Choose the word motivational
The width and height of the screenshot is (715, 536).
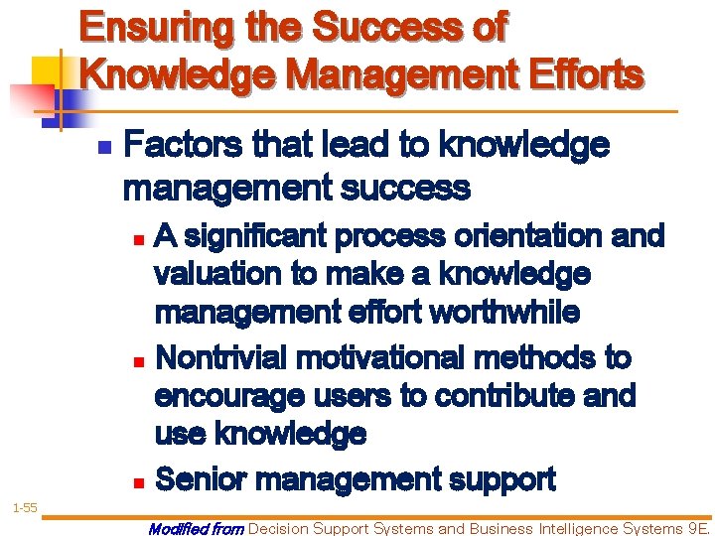[392, 356]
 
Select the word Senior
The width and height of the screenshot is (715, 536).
[203, 480]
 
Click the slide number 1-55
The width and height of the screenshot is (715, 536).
[24, 507]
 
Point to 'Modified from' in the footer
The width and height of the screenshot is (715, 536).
[196, 529]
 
